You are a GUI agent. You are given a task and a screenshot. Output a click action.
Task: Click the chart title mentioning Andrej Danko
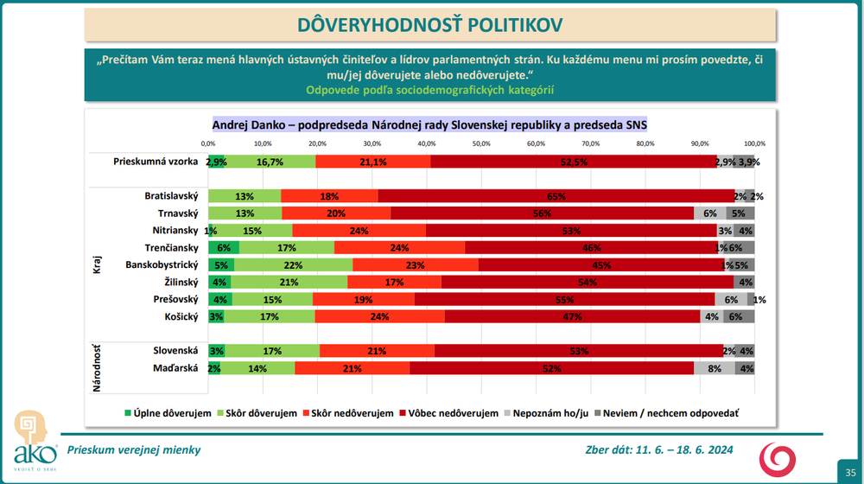(x=429, y=125)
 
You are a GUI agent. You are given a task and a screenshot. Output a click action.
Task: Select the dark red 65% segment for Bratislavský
(x=556, y=196)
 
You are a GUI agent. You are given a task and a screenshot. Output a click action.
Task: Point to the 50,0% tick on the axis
(x=481, y=143)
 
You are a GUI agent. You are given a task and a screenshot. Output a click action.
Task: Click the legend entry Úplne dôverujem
(x=168, y=413)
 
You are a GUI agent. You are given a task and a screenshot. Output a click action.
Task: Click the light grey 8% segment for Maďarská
(x=715, y=368)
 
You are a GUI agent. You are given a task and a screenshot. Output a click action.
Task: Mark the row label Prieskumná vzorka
(x=156, y=162)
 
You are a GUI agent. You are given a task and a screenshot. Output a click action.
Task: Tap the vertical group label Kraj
(x=98, y=264)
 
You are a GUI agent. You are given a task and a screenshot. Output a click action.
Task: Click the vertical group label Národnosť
(x=98, y=367)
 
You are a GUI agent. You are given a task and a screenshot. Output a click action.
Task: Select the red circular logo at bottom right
(x=773, y=458)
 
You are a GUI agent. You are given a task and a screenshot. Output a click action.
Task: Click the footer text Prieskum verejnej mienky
(x=133, y=449)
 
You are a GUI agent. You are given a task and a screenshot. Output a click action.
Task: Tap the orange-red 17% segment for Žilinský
(x=394, y=282)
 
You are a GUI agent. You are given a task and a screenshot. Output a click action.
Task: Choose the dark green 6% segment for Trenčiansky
(x=223, y=247)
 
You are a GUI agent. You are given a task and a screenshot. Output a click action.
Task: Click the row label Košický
(x=181, y=316)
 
